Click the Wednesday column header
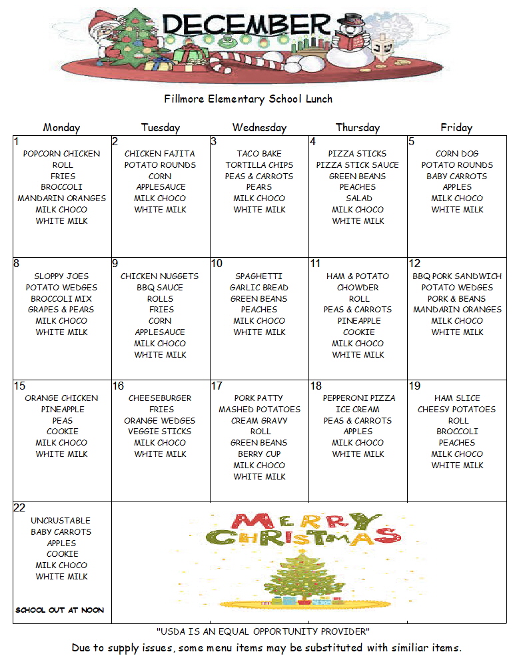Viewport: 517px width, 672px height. pyautogui.click(x=259, y=128)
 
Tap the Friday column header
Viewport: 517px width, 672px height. pyautogui.click(x=456, y=128)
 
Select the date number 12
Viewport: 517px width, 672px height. pyautogui.click(x=415, y=264)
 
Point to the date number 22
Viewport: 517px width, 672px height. pyautogui.click(x=19, y=508)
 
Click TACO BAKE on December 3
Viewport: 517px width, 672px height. pyautogui.click(x=259, y=154)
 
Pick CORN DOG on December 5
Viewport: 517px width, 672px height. pyautogui.click(x=457, y=154)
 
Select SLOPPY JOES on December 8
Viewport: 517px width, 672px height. pyautogui.click(x=61, y=276)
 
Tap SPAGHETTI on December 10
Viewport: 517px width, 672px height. pyautogui.click(x=259, y=276)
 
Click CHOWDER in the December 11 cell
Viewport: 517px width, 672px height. pyautogui.click(x=358, y=288)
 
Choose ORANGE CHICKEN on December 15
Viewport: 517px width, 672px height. pyautogui.click(x=61, y=398)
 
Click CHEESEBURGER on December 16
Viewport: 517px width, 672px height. pyautogui.click(x=160, y=398)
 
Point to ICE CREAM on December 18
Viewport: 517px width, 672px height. pyautogui.click(x=358, y=410)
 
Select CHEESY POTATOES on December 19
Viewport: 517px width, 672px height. pyautogui.click(x=457, y=410)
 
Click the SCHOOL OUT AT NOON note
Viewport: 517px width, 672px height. pyautogui.click(x=60, y=610)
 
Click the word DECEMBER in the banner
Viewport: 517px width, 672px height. pyautogui.click(x=247, y=25)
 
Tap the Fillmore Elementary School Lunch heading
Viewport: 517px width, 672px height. pyautogui.click(x=249, y=99)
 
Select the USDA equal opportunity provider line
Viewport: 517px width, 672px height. pyautogui.click(x=263, y=631)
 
